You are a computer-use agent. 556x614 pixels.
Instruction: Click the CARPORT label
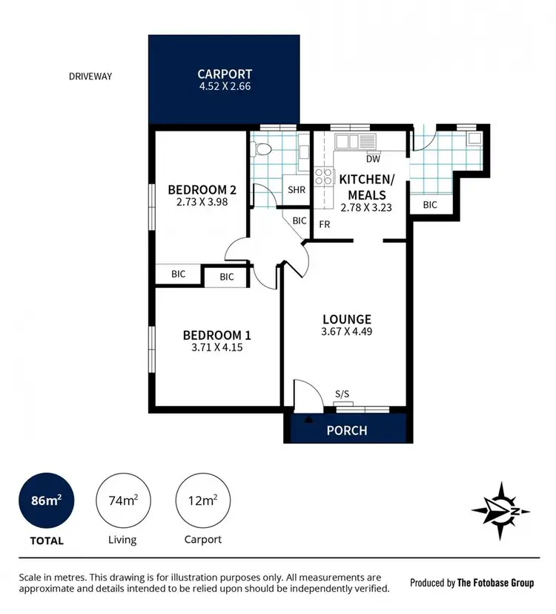click(x=225, y=74)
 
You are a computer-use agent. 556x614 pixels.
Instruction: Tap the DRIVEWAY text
click(x=90, y=76)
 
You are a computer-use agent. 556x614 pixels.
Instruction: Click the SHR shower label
click(x=297, y=190)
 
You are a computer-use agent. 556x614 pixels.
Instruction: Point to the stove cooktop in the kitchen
click(x=324, y=177)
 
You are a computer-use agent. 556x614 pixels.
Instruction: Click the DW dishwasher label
click(x=374, y=158)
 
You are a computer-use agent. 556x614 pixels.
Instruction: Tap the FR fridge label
click(x=325, y=223)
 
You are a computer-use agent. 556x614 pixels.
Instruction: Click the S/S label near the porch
click(x=342, y=394)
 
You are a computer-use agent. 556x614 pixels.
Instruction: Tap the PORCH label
click(x=347, y=431)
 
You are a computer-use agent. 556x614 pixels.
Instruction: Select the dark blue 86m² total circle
click(x=44, y=501)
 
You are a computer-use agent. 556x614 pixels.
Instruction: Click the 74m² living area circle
click(x=122, y=501)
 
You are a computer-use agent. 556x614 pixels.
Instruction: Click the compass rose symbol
click(x=501, y=510)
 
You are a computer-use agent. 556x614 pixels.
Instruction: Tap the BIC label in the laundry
click(x=430, y=205)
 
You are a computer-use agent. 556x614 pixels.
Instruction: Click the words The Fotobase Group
click(x=495, y=583)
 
